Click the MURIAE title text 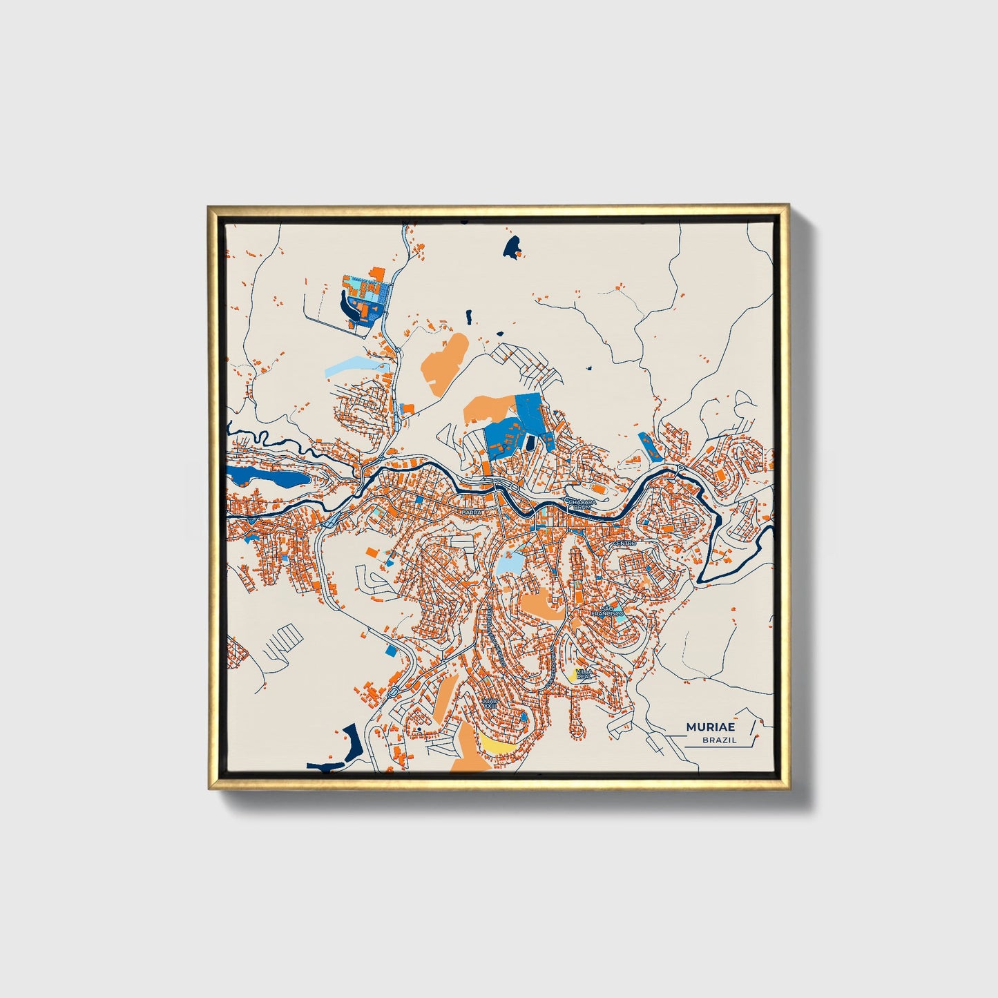tap(711, 727)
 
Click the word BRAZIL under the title tap(719, 740)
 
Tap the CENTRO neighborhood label tap(624, 544)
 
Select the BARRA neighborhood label tap(472, 512)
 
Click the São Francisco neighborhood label tap(607, 611)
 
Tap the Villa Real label tap(584, 673)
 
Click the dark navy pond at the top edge tap(512, 246)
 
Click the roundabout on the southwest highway tap(393, 691)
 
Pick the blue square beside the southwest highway tap(392, 649)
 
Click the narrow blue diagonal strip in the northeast tap(650, 446)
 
